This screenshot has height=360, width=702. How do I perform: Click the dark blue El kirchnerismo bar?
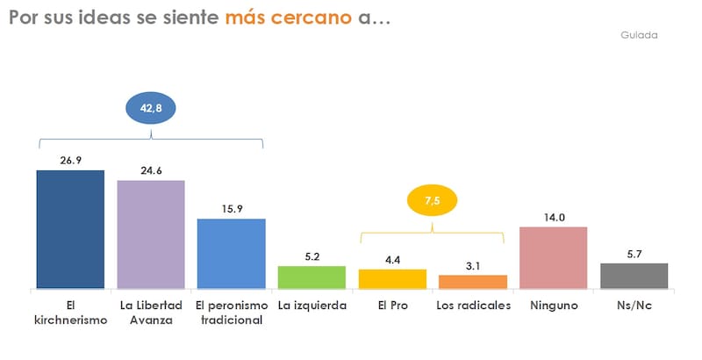[x=70, y=229]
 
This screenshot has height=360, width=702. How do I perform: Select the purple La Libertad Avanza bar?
[x=151, y=234]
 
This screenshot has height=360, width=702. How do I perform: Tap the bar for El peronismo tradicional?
[x=232, y=254]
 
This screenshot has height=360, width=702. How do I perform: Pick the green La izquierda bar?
[x=312, y=277]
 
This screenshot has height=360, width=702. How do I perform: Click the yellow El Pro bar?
[x=392, y=278]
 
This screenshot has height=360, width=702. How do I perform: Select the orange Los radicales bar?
[x=473, y=282]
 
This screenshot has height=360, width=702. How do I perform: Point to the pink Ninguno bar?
[x=553, y=257]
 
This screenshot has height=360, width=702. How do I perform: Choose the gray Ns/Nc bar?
[x=634, y=276]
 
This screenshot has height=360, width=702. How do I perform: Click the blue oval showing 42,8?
[x=151, y=108]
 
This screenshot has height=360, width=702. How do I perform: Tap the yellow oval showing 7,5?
[x=432, y=201]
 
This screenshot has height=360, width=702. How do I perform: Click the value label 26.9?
[x=70, y=161]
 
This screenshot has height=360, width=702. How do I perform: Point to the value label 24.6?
[x=151, y=170]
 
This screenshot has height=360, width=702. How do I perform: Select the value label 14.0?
[x=553, y=216]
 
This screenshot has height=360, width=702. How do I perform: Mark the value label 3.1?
[x=473, y=265]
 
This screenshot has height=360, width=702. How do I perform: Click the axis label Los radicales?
[x=473, y=306]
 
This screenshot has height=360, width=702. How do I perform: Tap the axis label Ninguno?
[x=553, y=306]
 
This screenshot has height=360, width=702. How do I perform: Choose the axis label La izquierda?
[x=312, y=306]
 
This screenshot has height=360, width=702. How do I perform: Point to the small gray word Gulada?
[x=639, y=35]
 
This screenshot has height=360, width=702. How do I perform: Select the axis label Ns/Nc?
[x=634, y=306]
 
